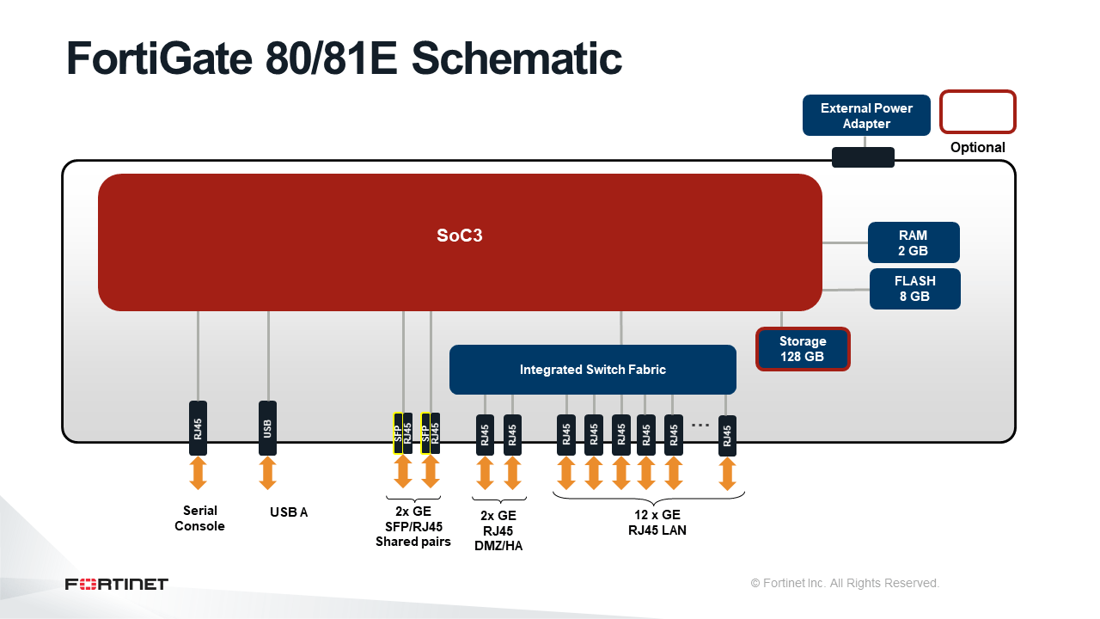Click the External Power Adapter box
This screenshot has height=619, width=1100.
pyautogui.click(x=866, y=115)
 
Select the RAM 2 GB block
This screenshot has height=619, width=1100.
pyautogui.click(x=914, y=242)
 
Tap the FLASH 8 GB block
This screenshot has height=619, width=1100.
pyautogui.click(x=915, y=289)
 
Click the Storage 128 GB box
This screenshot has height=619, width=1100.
pyautogui.click(x=803, y=349)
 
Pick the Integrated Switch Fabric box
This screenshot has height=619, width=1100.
pyautogui.click(x=593, y=370)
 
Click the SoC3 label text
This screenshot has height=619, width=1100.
pyautogui.click(x=460, y=236)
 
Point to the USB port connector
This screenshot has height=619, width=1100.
pyautogui.click(x=267, y=428)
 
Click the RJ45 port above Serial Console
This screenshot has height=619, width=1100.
pyautogui.click(x=198, y=428)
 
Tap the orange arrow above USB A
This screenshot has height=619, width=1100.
pyautogui.click(x=267, y=473)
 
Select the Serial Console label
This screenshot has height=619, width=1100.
pyautogui.click(x=199, y=518)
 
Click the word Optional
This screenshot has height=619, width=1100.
pyautogui.click(x=977, y=147)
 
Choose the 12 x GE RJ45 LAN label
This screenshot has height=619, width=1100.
pyautogui.click(x=657, y=522)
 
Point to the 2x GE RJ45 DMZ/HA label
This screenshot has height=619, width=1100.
pyautogui.click(x=498, y=530)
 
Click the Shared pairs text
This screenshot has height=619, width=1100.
pyautogui.click(x=413, y=542)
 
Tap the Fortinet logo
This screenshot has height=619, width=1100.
pyautogui.click(x=116, y=584)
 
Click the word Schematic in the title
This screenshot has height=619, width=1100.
pyautogui.click(x=516, y=59)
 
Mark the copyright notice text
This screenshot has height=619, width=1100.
pyautogui.click(x=845, y=583)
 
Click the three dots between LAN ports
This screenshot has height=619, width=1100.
pyautogui.click(x=700, y=425)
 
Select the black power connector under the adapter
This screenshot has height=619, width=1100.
pyautogui.click(x=863, y=157)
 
